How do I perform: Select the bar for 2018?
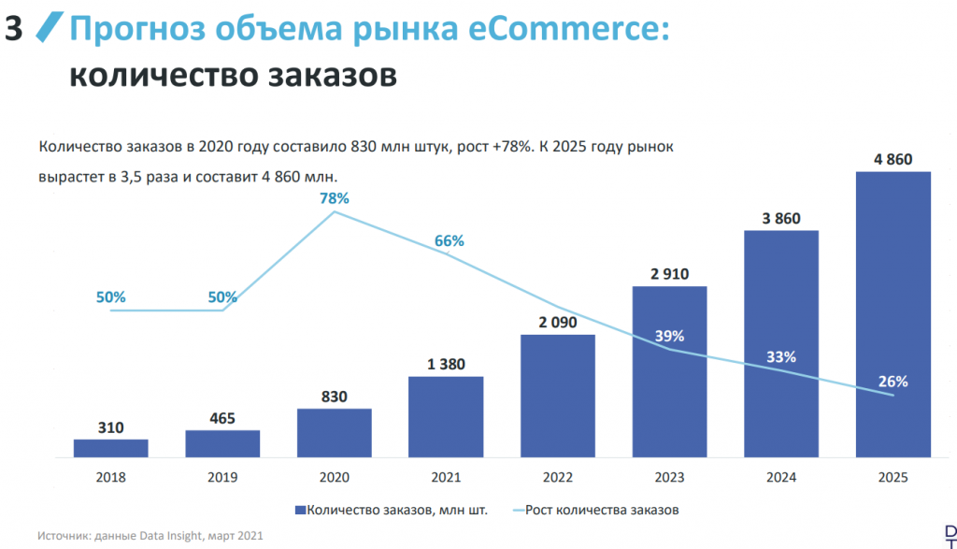(x=110, y=448)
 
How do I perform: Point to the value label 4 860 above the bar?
(x=893, y=159)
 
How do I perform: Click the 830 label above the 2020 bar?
(x=334, y=397)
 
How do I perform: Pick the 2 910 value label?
(x=669, y=274)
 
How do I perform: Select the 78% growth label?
(x=334, y=198)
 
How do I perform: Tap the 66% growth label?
(x=449, y=240)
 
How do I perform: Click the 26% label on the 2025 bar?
(x=893, y=381)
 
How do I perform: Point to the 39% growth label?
(x=669, y=336)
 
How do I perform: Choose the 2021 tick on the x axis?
(x=446, y=477)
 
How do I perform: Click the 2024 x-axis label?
(x=781, y=477)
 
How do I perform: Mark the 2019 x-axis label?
(x=222, y=477)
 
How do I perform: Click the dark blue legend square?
(x=300, y=510)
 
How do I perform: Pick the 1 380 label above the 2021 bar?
(x=446, y=364)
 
